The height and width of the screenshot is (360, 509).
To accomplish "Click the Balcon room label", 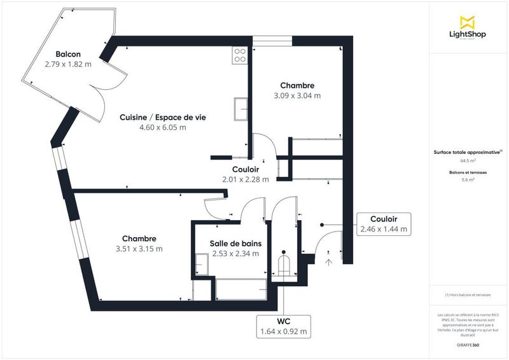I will click(x=68, y=54).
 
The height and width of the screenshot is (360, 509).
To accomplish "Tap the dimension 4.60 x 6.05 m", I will click(x=162, y=127).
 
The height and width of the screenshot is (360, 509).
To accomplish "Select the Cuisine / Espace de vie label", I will click(x=162, y=117).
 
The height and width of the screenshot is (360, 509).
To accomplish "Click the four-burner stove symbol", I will click(x=240, y=55).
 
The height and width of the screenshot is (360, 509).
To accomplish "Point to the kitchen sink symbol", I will click(x=241, y=108).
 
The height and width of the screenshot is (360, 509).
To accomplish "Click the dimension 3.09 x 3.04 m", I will click(x=297, y=96).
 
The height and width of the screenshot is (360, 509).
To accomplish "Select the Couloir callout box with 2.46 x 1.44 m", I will click(x=384, y=224).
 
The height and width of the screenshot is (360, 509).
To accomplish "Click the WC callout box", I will click(x=283, y=326).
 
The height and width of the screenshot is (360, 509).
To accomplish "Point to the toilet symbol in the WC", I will click(x=284, y=265).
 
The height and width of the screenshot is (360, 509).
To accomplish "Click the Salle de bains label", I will click(x=235, y=243).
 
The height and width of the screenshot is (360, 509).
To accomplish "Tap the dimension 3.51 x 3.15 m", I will click(x=139, y=249).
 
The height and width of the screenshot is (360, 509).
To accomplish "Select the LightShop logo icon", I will click(x=468, y=22).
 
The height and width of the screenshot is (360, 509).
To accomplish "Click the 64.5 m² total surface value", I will click(x=468, y=161).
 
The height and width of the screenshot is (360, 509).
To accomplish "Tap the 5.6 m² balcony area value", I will click(x=468, y=180).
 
